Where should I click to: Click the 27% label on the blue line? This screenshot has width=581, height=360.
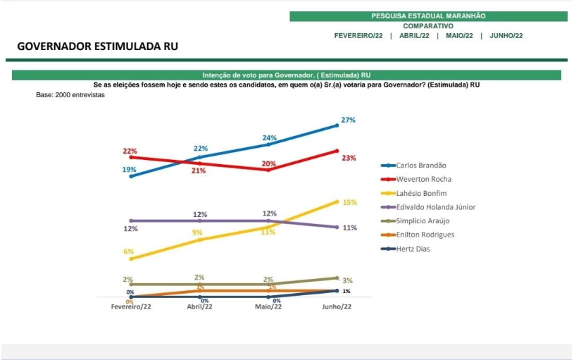pyautogui.click(x=348, y=120)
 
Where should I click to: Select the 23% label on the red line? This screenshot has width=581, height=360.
pyautogui.click(x=349, y=158)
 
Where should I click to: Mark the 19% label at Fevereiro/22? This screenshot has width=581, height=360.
pyautogui.click(x=129, y=170)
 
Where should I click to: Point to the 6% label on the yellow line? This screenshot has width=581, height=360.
pyautogui.click(x=128, y=252)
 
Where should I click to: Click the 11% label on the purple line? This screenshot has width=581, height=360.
pyautogui.click(x=349, y=228)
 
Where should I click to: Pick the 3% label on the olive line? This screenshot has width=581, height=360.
pyautogui.click(x=346, y=280)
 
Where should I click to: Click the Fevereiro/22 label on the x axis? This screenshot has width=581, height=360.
pyautogui.click(x=132, y=306)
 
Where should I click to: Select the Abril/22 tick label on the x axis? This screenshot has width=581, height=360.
pyautogui.click(x=200, y=306)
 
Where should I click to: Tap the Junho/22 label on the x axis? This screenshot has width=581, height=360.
pyautogui.click(x=337, y=306)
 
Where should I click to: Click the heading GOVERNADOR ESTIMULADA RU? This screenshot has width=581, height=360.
pyautogui.click(x=97, y=46)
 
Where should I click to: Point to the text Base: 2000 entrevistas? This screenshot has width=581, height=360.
pyautogui.click(x=70, y=94)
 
